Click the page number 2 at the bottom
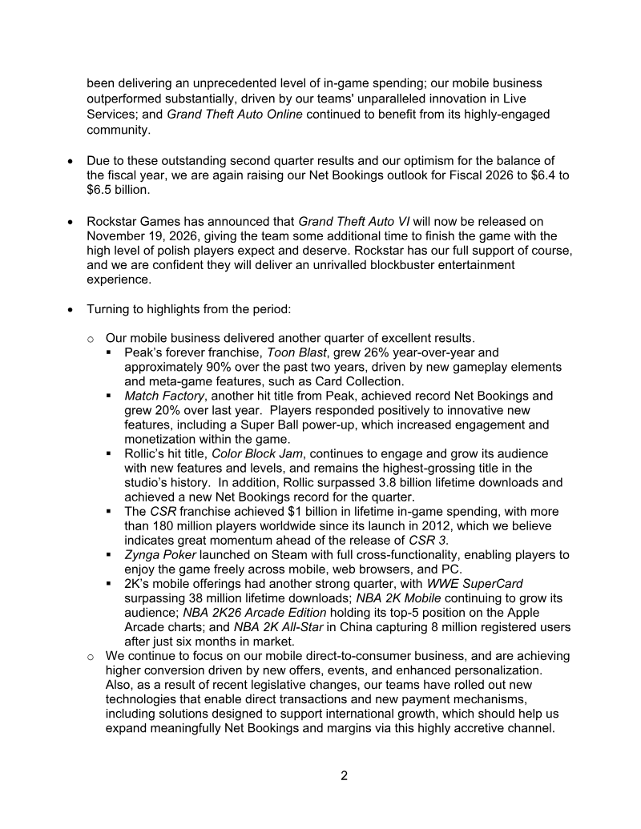click(344, 775)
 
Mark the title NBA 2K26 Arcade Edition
click(255, 613)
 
